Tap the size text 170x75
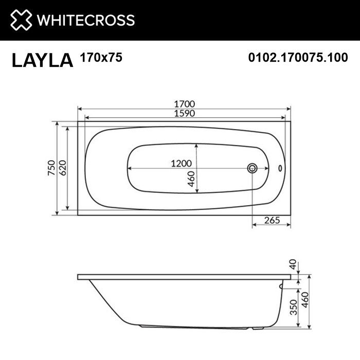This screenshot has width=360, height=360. (101, 58)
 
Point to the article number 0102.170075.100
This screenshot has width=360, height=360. (298, 58)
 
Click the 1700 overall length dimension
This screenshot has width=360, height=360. (184, 103)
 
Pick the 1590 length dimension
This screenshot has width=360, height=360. (184, 113)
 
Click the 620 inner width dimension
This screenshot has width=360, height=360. (62, 168)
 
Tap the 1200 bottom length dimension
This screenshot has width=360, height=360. (181, 163)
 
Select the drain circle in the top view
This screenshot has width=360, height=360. (253, 168)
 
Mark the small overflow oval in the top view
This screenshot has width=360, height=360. (280, 168)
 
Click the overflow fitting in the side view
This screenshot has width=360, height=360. (281, 285)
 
